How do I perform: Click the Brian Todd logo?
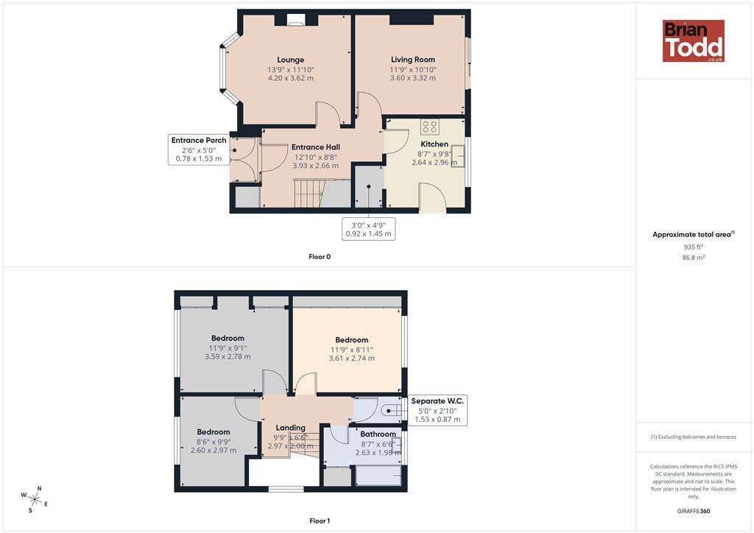[693, 40]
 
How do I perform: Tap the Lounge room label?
[290, 60]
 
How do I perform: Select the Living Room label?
[412, 59]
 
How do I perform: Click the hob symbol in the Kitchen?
[429, 127]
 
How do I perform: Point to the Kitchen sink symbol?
[458, 156]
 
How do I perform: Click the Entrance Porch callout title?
[199, 141]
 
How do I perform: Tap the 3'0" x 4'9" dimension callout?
[368, 229]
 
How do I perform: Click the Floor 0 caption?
[320, 257]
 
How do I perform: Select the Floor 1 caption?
[320, 520]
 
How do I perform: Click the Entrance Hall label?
[315, 147]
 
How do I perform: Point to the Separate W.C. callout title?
[437, 400]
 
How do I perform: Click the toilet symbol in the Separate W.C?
[392, 411]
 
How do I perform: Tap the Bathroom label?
[378, 434]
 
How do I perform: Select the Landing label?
[290, 427]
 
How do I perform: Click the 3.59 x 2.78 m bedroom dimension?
[228, 356]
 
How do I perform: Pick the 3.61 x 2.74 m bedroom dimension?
[351, 358]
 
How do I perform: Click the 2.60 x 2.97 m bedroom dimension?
[213, 451]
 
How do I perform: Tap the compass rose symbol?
[34, 499]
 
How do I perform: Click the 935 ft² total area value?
[693, 247]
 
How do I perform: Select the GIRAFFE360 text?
[693, 511]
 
